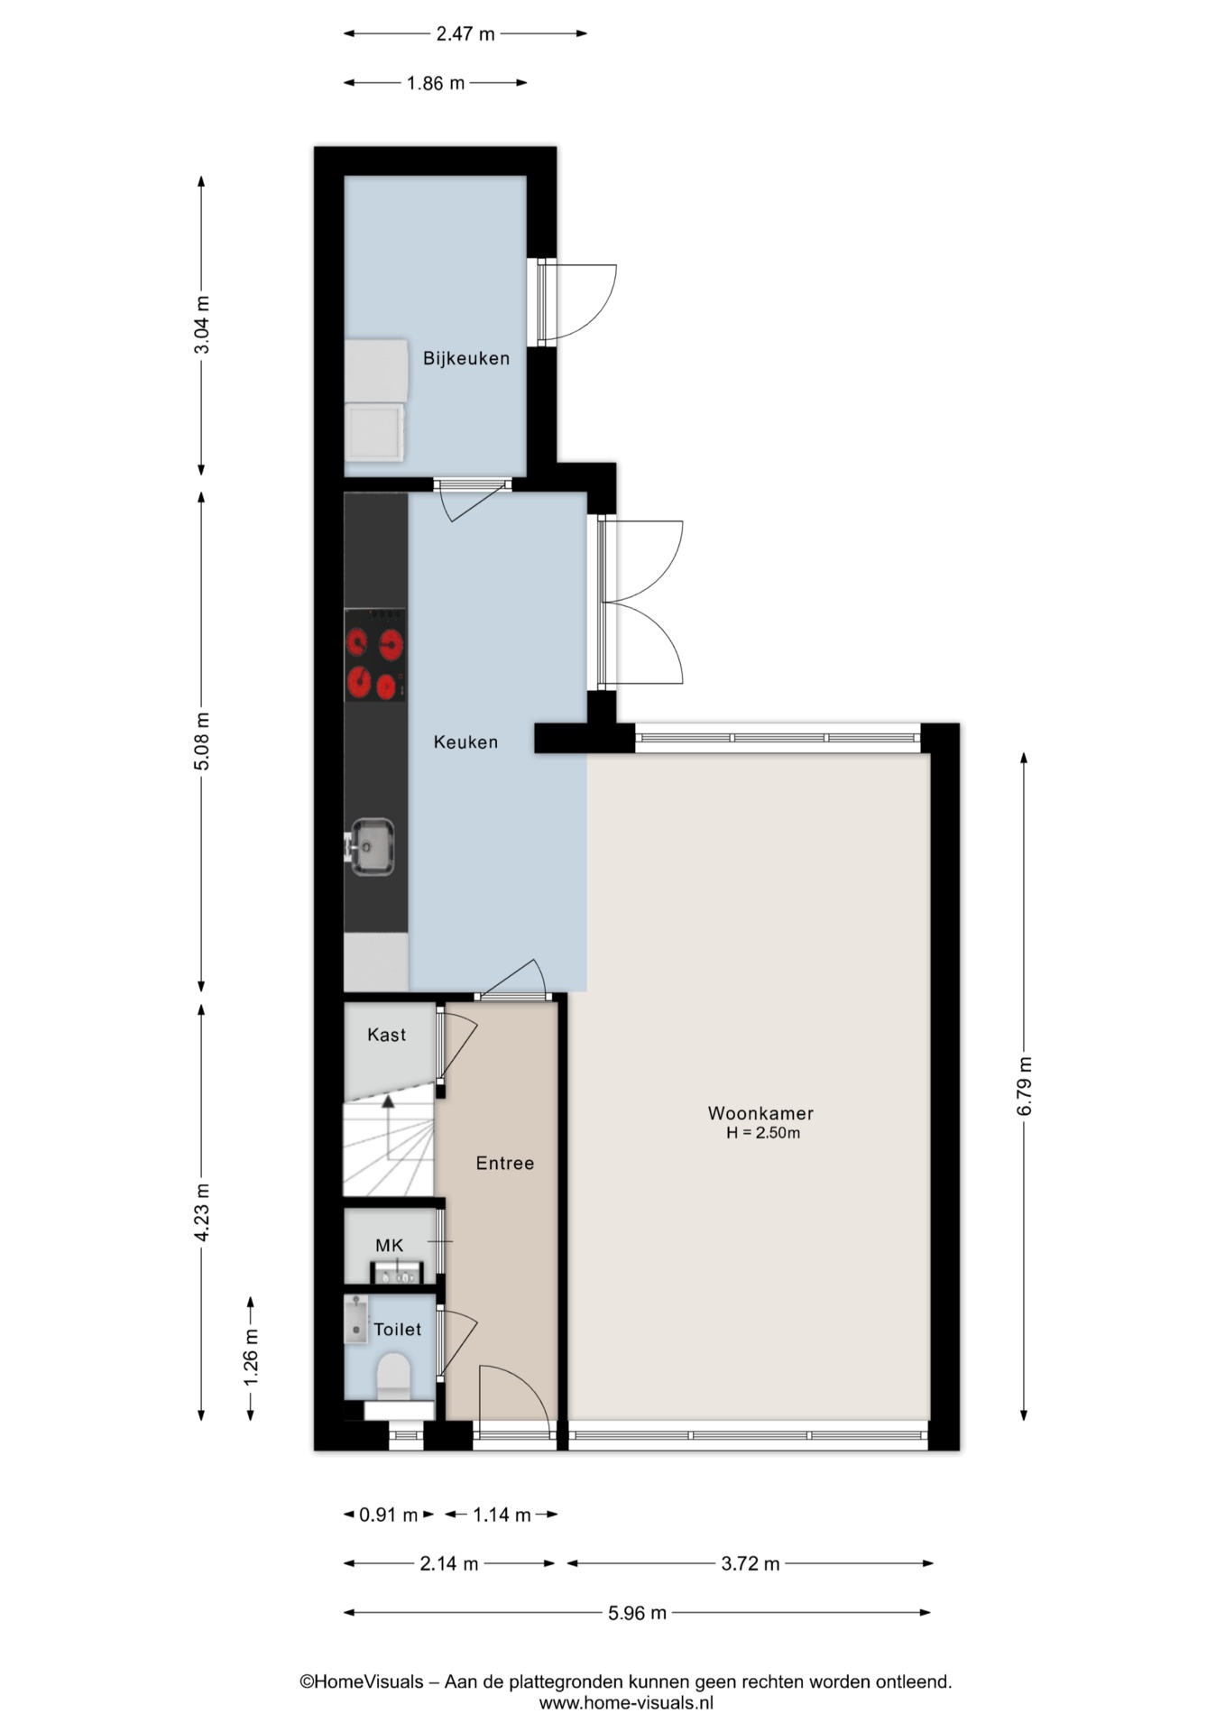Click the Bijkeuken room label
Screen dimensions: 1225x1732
(466, 358)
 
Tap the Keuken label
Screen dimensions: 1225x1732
(465, 742)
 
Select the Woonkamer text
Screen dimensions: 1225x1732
(760, 1114)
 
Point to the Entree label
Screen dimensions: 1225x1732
(505, 1164)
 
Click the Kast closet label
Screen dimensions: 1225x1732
(387, 1035)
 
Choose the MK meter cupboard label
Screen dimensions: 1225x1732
(390, 1246)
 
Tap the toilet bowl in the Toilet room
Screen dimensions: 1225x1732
(392, 1376)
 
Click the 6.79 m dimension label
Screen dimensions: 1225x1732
(1025, 1085)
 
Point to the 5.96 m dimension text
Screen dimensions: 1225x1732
(637, 1613)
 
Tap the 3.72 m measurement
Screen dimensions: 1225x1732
(751, 1563)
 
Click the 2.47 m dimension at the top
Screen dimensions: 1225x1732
(465, 34)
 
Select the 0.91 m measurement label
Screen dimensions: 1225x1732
(389, 1515)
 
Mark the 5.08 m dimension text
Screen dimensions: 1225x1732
(202, 741)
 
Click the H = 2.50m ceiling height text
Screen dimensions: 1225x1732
(763, 1133)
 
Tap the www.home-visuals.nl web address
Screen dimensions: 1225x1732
(626, 1703)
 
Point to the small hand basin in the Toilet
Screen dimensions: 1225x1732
(355, 1320)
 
